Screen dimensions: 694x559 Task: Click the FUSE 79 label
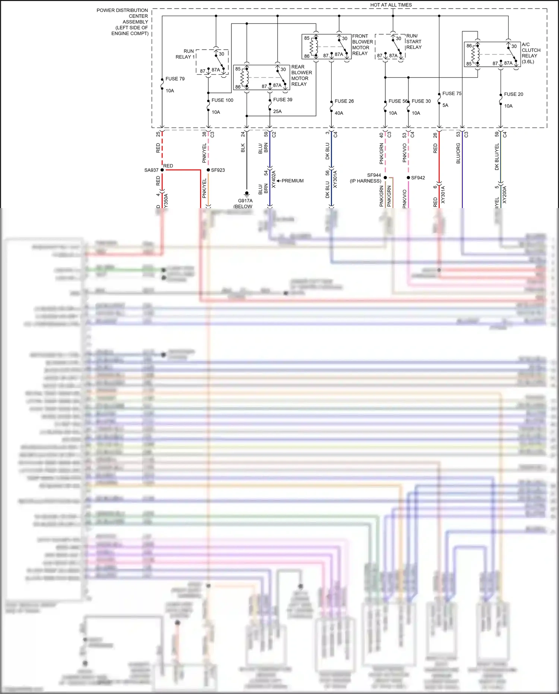175,79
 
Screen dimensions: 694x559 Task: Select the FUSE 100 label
222,100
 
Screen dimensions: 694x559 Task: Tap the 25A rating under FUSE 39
277,112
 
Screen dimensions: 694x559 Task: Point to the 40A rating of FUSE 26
339,113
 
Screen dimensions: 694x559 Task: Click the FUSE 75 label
452,94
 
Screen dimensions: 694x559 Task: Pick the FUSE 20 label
513,94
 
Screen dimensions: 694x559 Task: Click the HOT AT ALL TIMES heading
391,5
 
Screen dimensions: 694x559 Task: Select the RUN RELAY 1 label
185,54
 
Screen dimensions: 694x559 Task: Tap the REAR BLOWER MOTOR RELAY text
301,75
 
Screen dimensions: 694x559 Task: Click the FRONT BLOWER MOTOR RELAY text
362,45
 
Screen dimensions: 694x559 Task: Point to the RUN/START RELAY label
414,41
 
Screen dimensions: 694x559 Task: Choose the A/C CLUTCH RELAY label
531,53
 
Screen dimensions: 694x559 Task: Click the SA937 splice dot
162,170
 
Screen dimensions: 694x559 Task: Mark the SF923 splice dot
208,170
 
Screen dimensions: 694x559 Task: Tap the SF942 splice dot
408,178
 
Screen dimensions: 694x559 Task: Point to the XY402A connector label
274,179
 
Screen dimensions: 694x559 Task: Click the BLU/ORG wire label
458,153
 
